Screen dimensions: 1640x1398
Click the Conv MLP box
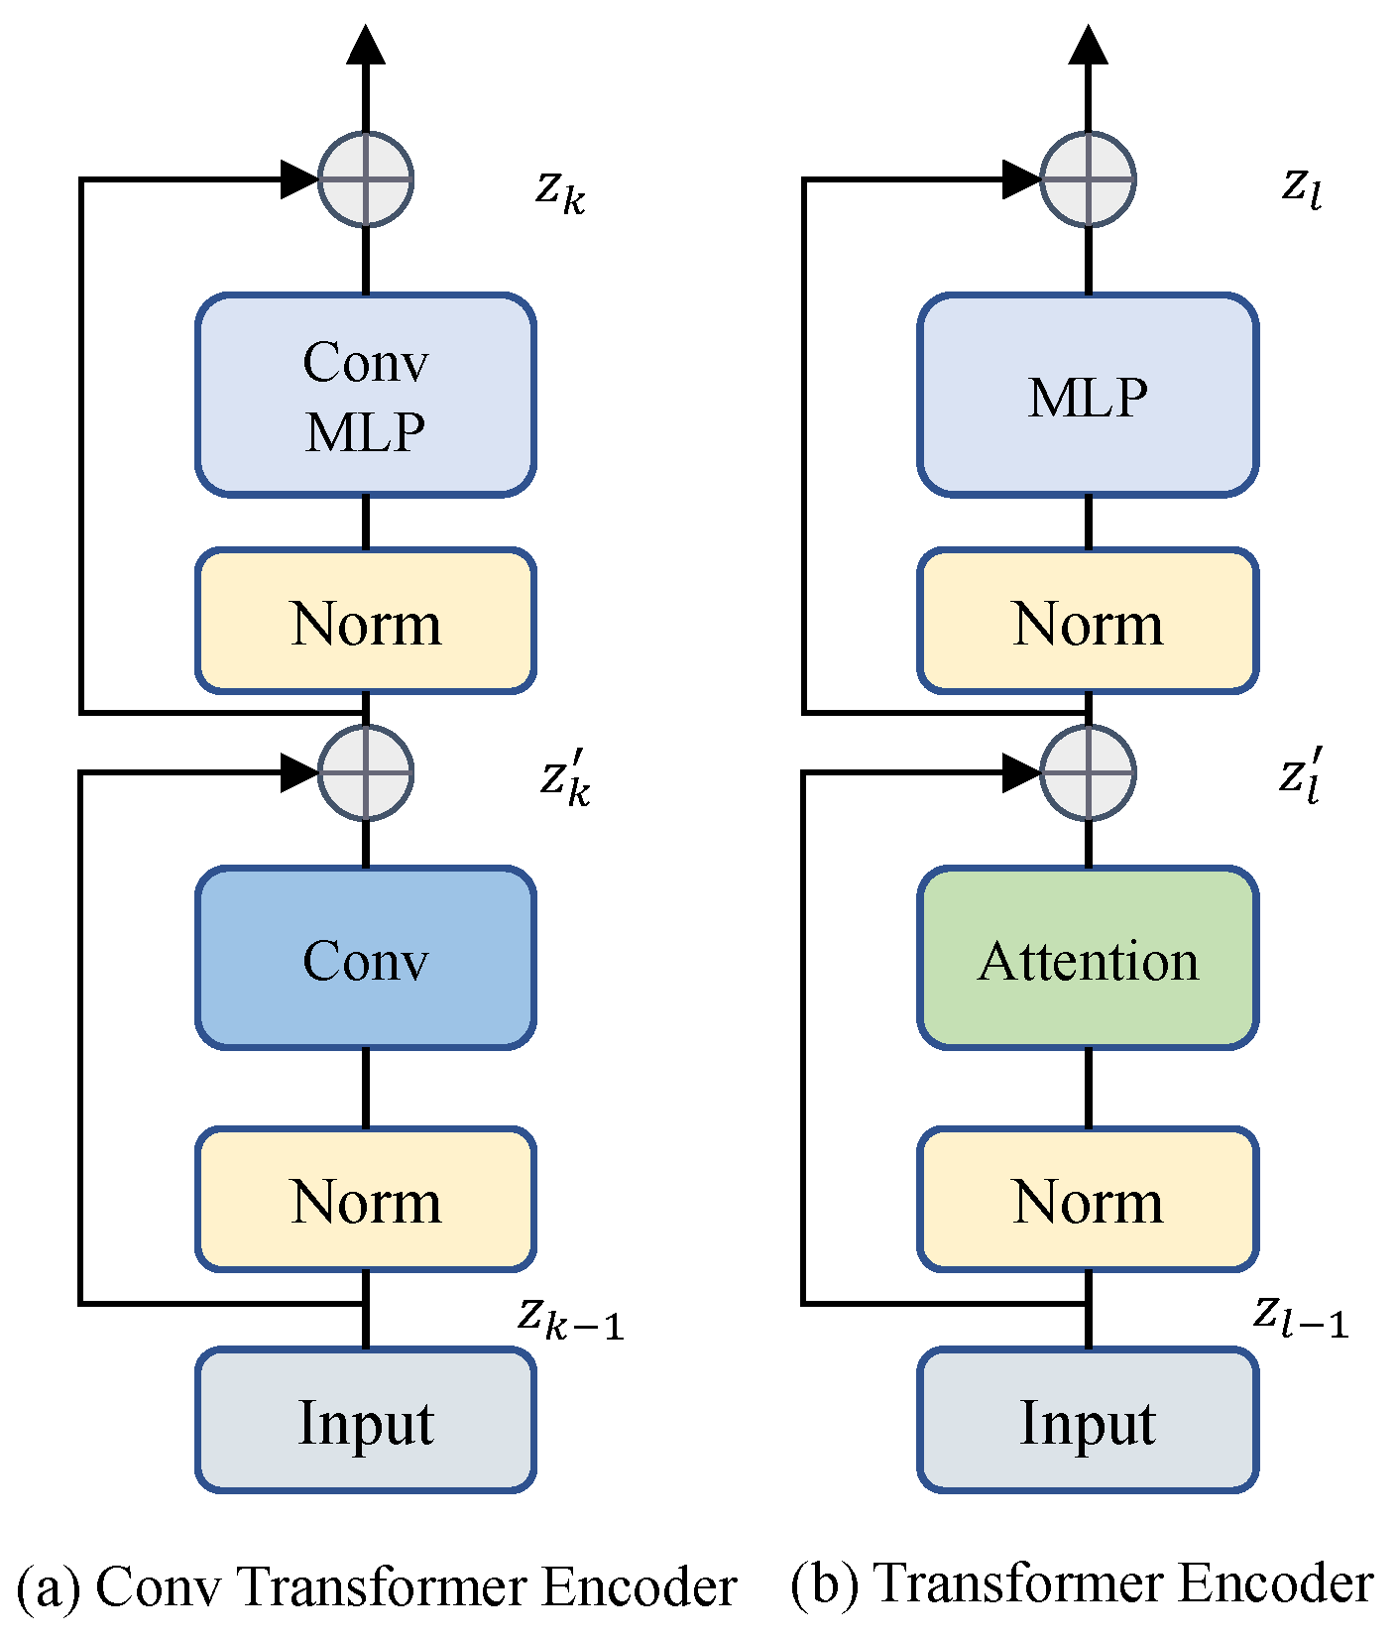click(366, 395)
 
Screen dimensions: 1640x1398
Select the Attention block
click(1088, 958)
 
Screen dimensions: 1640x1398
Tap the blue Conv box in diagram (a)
click(366, 958)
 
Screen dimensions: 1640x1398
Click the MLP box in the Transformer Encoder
click(1088, 395)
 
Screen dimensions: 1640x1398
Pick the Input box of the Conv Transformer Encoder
click(366, 1420)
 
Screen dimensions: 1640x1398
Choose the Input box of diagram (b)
click(1088, 1420)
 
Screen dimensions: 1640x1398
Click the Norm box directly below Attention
click(1088, 1199)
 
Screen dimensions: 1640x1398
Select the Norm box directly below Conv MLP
click(366, 621)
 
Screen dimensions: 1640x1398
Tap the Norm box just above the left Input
click(366, 1199)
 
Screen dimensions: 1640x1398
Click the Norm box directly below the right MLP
click(1088, 621)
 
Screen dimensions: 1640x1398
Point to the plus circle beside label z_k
click(366, 179)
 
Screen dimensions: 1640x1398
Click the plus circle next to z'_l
click(1088, 772)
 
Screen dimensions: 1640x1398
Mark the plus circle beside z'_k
click(366, 772)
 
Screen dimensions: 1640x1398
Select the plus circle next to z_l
click(1088, 179)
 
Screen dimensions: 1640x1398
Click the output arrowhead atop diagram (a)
click(366, 45)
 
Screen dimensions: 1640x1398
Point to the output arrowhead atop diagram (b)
click(1088, 45)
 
